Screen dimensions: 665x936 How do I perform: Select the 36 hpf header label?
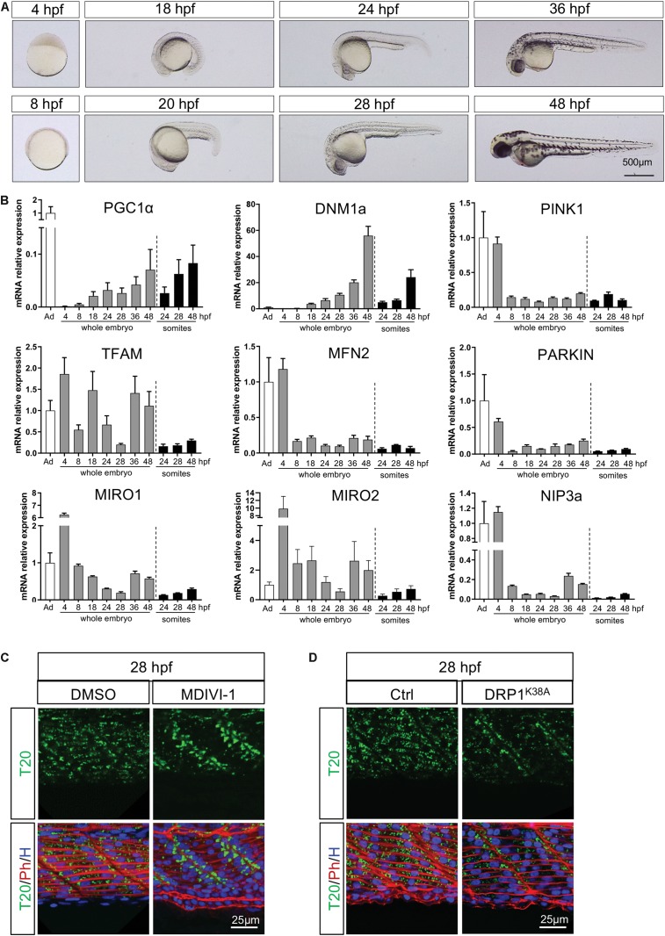568,10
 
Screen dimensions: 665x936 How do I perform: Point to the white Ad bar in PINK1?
482,272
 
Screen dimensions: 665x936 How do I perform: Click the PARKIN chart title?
565,356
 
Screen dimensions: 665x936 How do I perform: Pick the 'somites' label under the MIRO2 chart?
395,620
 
